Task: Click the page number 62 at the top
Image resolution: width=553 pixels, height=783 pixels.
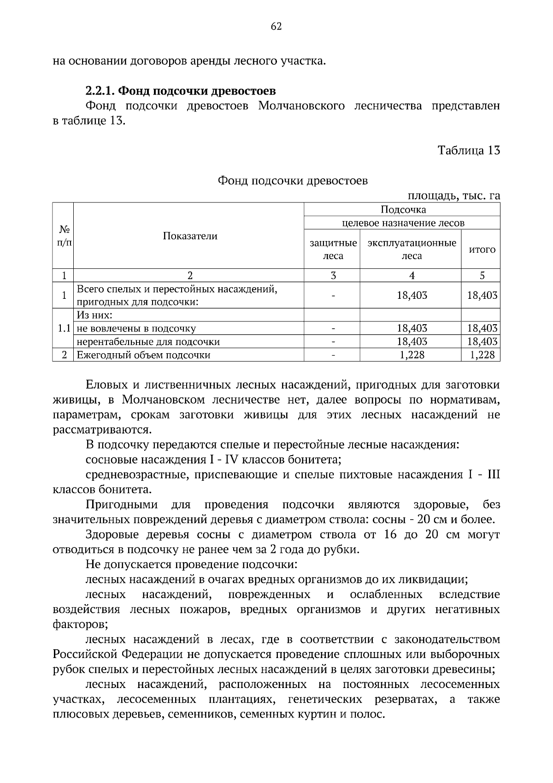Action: coord(276,26)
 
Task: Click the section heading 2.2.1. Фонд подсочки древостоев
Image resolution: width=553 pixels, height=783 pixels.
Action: coord(181,90)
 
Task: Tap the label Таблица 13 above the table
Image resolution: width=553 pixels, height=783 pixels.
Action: coord(469,151)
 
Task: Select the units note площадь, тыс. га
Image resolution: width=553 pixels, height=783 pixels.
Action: coord(453,196)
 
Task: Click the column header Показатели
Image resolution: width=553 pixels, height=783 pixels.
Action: coord(190,236)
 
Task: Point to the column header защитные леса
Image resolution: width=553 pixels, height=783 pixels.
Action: coord(333,249)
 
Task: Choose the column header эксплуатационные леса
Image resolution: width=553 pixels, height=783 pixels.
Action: coord(412,249)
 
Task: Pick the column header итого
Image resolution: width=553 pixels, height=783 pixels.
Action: coord(482,249)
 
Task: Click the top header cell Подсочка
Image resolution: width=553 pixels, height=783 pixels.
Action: coord(403,210)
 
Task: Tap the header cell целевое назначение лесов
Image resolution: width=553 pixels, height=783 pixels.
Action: coord(403,223)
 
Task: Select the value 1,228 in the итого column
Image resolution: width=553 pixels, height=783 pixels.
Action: coord(482,355)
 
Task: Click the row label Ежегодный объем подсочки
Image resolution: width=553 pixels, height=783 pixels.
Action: coord(144,355)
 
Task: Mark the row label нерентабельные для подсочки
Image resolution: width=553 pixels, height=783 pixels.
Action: coord(148,342)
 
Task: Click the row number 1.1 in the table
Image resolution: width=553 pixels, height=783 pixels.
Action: coord(64,328)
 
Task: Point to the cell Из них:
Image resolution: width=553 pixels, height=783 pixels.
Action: coord(94,315)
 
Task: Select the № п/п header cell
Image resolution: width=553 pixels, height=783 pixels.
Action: coord(64,236)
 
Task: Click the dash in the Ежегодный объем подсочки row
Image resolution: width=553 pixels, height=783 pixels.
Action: coord(333,355)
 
